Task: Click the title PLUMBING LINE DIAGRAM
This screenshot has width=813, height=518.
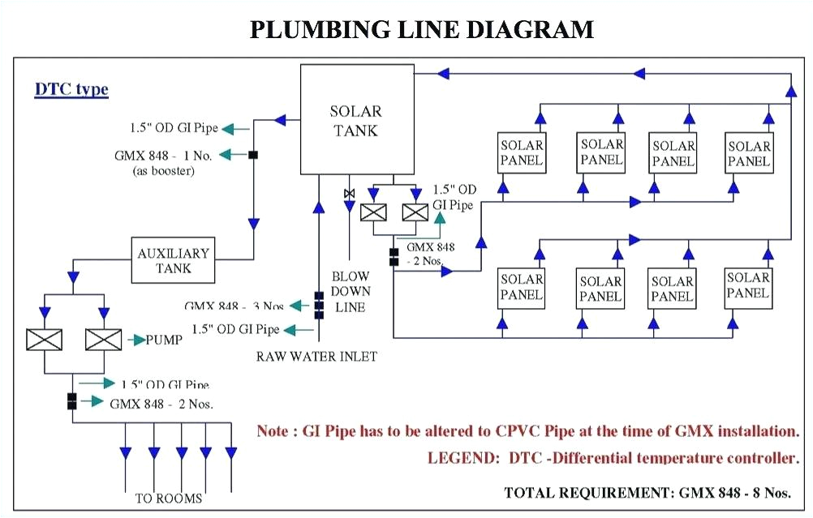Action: coord(421,30)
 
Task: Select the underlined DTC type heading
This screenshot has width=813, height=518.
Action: coord(71,89)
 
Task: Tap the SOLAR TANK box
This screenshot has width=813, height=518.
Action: coord(355,120)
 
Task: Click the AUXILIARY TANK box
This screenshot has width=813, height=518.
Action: coord(173,259)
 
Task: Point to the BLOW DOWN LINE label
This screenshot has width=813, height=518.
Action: coord(350,291)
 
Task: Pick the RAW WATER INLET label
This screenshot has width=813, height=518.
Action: coord(316,356)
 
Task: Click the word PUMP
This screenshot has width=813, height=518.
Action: coord(164,340)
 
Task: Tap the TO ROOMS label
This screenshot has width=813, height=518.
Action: coord(169,499)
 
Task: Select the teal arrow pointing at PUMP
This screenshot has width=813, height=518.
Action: coord(133,340)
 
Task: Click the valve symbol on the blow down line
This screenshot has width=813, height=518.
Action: coord(349,193)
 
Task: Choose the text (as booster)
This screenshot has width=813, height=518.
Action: coord(163,170)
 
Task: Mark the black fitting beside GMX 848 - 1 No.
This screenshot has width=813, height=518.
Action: coord(254,155)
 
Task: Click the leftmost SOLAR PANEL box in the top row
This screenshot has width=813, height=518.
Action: coord(522,153)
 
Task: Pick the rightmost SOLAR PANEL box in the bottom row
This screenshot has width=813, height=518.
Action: coord(748,285)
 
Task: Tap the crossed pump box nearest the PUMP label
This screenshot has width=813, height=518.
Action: coord(104,339)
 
